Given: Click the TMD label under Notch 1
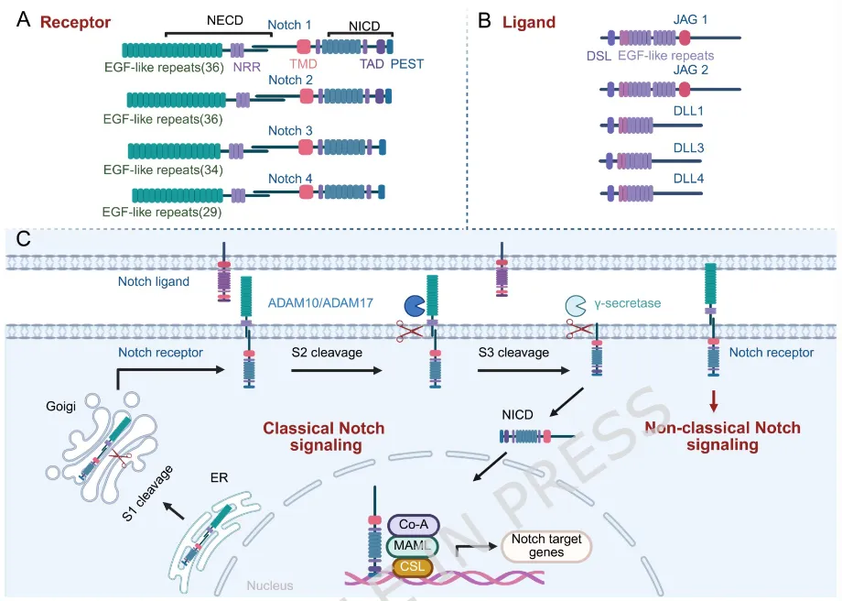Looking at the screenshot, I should [305, 65].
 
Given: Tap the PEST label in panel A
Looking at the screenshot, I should [407, 65].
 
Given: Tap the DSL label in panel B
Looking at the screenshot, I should [599, 56].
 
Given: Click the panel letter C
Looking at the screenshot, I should [25, 240].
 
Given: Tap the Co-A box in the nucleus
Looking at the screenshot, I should [414, 525].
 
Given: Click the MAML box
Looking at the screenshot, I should [414, 546].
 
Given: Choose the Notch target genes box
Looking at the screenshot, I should [546, 547].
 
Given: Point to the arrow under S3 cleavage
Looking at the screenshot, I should [519, 370].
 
